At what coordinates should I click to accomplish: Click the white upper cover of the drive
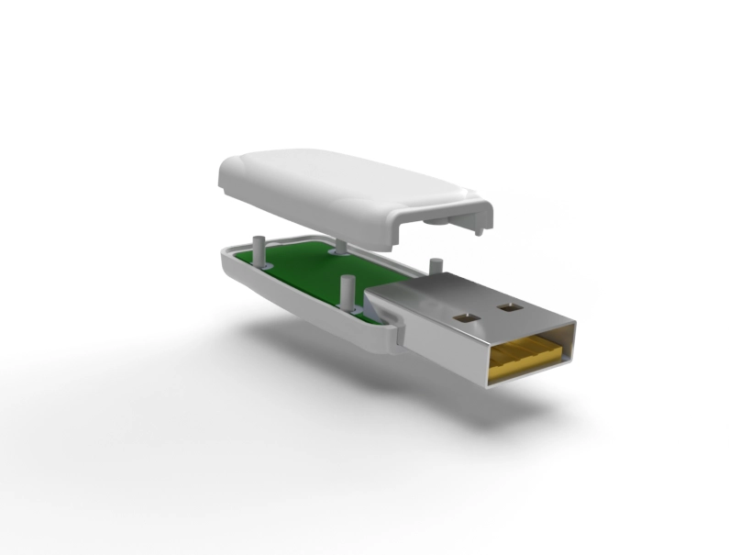348,188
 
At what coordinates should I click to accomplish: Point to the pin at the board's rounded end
260,250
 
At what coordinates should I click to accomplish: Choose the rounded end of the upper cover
229,174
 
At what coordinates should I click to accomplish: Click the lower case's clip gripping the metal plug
392,330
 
